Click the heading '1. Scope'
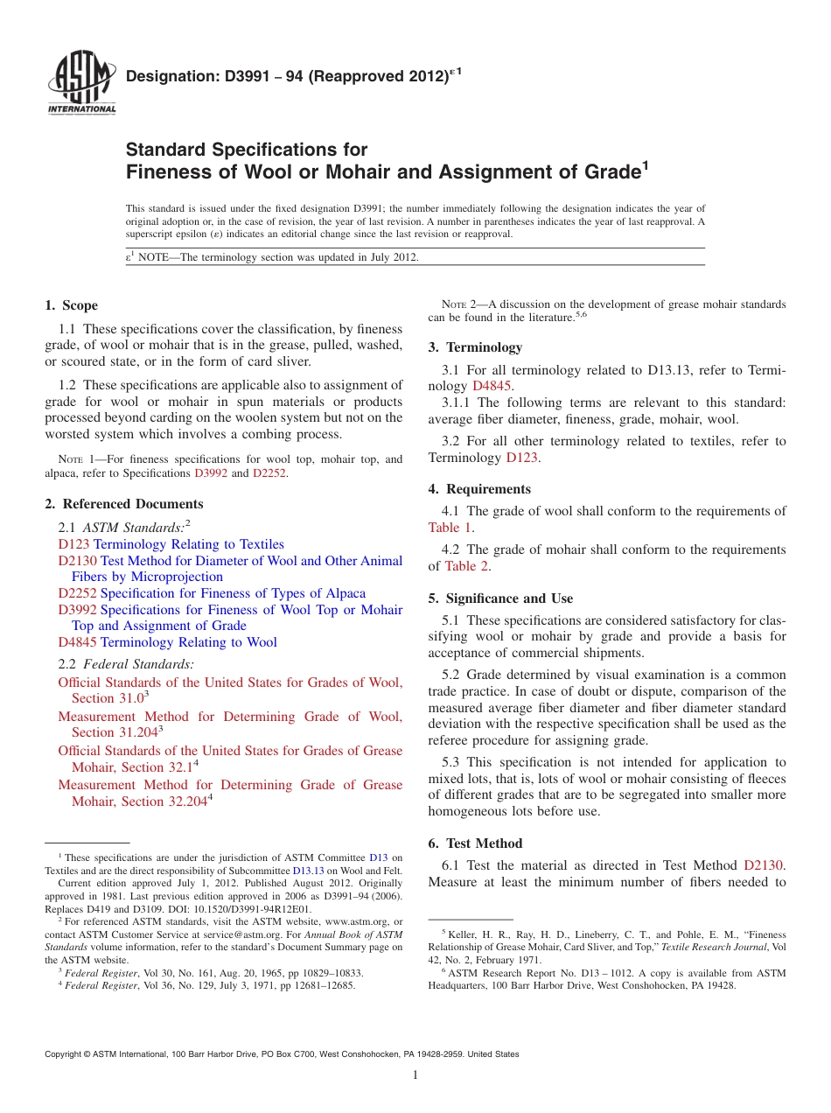coord(72,305)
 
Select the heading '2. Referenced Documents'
coord(124,504)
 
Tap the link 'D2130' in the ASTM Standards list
coord(77,561)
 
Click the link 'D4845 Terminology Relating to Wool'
coord(167,642)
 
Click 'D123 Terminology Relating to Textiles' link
coord(171,544)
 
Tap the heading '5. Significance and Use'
coord(500,598)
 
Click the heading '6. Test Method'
coord(475,843)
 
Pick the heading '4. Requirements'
coord(479,489)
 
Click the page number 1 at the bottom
coord(415,1074)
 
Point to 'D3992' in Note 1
coord(210,473)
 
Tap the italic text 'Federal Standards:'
coord(138,665)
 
